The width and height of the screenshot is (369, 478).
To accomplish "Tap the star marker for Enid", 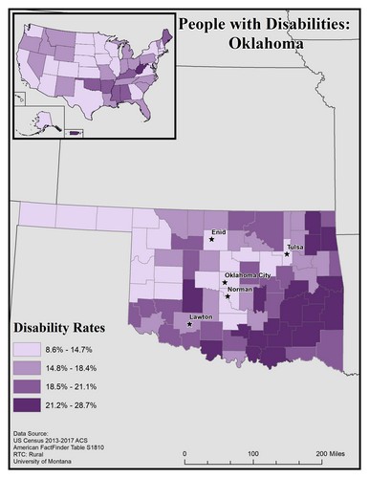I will coord(212,240).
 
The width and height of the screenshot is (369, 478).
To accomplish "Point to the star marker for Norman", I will coord(228,296).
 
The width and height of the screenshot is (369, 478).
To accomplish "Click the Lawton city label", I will coord(199,315).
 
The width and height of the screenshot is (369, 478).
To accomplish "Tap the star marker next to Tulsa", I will coord(287,254).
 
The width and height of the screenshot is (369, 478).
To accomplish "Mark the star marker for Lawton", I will coord(189,324).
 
